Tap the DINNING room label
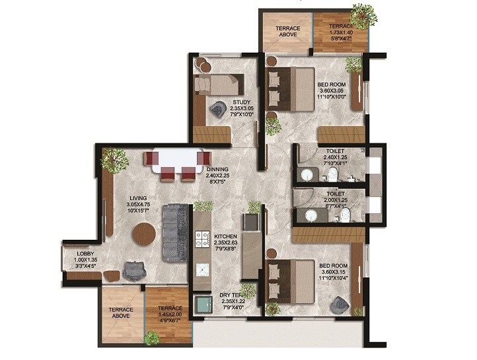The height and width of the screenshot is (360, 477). (x=217, y=169)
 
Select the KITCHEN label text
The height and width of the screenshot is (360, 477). (x=225, y=235)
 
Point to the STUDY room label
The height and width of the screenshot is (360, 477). (x=241, y=102)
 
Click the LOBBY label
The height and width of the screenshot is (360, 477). (x=85, y=254)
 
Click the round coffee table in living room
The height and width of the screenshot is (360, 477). (x=143, y=233)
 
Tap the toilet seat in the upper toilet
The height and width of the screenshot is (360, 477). (x=334, y=174)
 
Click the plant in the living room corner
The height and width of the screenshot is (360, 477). (x=114, y=159)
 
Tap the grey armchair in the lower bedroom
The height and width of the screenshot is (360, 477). (x=340, y=304)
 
